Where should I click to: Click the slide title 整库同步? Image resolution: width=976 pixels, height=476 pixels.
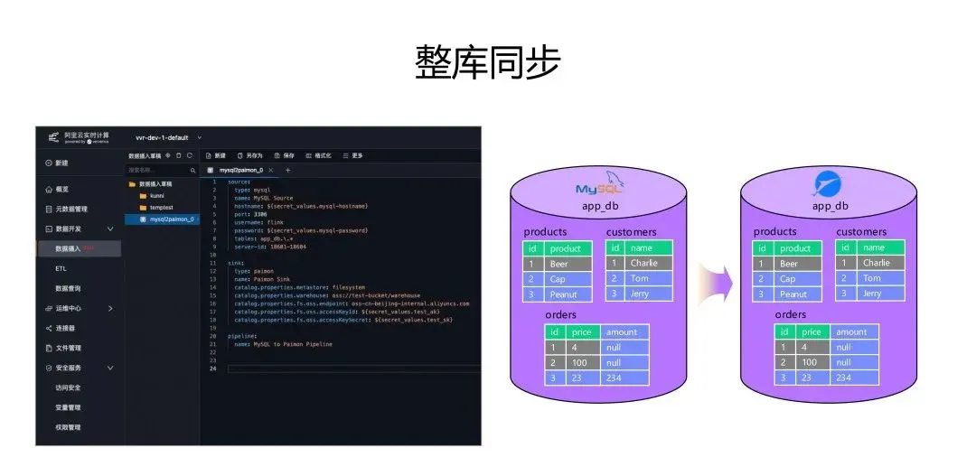coord(487,63)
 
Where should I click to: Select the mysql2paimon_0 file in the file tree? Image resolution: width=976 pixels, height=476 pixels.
coord(172,219)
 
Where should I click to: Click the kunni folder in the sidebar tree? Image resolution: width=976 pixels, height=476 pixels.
coord(156,195)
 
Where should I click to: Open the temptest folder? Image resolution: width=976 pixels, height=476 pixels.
coord(161,208)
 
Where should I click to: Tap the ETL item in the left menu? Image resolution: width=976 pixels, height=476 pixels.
coord(61,268)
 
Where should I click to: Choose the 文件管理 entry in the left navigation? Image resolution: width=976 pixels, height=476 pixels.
coord(69,348)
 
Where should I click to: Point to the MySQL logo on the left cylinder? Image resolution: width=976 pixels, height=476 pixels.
coord(601,187)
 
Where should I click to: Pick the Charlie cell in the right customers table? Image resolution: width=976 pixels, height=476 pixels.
coord(876,263)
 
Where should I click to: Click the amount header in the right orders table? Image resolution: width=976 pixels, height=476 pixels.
coord(850,332)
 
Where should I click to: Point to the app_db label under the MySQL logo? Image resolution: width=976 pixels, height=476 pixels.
coord(600,206)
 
